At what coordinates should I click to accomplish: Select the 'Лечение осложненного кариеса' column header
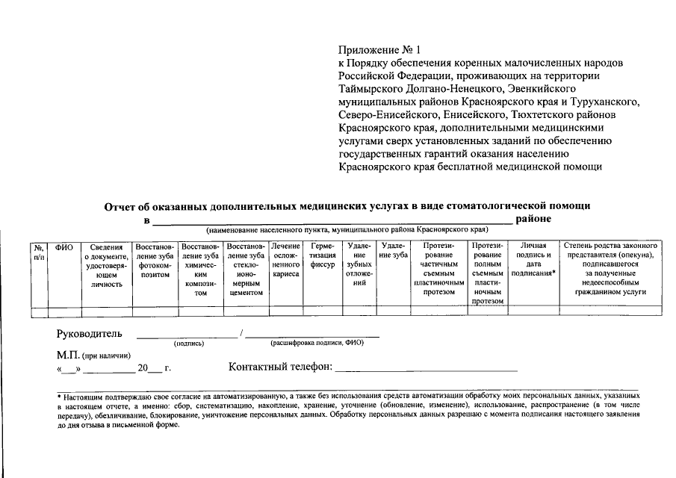(285, 260)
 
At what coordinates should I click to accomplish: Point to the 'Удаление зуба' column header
(394, 250)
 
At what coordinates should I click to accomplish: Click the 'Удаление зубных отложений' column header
(359, 264)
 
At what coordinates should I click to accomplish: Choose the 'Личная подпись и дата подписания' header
(533, 260)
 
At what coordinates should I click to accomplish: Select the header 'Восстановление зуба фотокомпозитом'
(155, 260)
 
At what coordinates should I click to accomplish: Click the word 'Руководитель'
(90, 334)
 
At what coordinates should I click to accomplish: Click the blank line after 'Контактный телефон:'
(427, 368)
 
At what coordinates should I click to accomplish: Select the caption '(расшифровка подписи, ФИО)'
(317, 344)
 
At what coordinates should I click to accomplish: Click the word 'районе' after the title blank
(533, 219)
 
